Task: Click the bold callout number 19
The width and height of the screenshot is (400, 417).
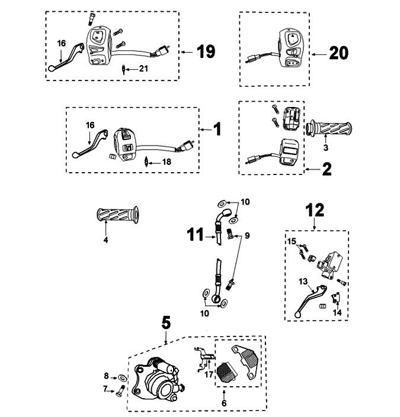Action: click(x=205, y=52)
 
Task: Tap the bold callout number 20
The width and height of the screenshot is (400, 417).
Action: click(x=338, y=53)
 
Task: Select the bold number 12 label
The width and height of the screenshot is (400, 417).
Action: click(x=314, y=210)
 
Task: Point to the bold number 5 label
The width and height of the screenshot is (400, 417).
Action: click(x=167, y=323)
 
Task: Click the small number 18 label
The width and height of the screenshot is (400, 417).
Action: click(x=167, y=161)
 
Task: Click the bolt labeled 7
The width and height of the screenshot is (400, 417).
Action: click(x=121, y=390)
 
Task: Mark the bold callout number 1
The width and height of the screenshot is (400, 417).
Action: click(x=217, y=128)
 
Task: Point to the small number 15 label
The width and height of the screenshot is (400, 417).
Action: click(x=292, y=241)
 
